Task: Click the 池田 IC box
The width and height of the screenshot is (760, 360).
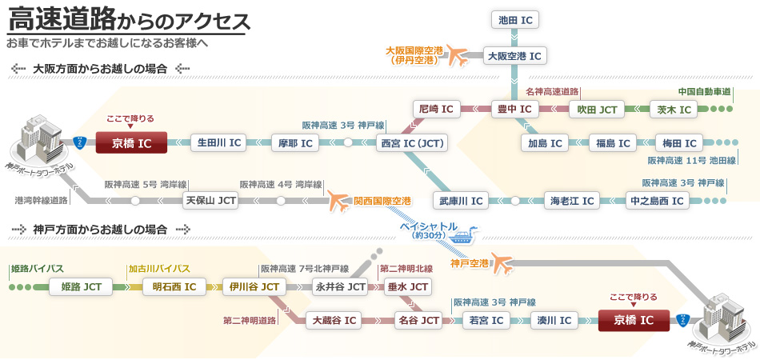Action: tap(514, 20)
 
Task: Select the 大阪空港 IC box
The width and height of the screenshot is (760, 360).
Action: tap(514, 56)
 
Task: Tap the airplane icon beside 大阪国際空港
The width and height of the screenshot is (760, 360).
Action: tap(458, 56)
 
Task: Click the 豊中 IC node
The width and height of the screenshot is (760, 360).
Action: tap(514, 109)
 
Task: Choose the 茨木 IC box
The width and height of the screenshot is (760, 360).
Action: tap(672, 109)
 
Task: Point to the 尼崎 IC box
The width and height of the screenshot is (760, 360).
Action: tap(436, 109)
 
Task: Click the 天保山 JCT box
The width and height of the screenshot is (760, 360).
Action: tap(210, 199)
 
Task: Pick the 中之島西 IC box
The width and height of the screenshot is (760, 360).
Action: tap(658, 199)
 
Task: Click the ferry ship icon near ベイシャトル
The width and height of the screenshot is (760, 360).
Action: tap(462, 237)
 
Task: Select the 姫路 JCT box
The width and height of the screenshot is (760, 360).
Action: tap(81, 286)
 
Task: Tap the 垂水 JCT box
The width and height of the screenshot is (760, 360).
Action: tap(408, 286)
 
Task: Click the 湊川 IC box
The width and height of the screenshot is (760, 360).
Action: tap(554, 321)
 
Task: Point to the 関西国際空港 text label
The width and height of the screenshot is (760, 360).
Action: tap(382, 200)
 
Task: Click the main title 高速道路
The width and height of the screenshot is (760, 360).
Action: tap(61, 18)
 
